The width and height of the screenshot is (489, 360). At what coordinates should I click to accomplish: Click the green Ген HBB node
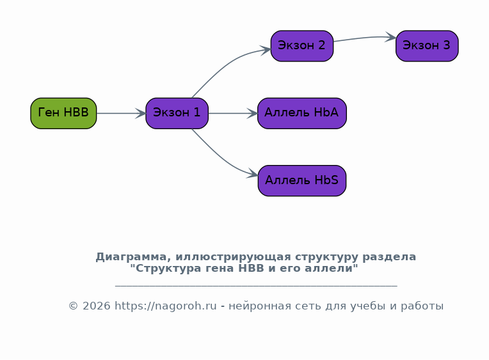[63, 113]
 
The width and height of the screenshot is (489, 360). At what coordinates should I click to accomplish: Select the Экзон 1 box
[177, 113]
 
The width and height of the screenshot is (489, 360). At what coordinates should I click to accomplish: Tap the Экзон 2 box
[302, 46]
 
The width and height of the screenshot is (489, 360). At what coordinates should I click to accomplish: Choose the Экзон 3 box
[427, 46]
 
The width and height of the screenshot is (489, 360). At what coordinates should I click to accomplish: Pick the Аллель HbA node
[302, 113]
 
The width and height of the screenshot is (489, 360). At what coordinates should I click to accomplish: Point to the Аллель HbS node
[302, 181]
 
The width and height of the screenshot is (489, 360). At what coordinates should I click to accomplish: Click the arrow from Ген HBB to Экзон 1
[121, 113]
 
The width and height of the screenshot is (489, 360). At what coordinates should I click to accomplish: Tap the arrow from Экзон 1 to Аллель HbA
[233, 113]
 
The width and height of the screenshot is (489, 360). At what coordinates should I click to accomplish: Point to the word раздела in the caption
[389, 257]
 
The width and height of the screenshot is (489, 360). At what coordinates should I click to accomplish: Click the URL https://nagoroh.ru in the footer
[166, 306]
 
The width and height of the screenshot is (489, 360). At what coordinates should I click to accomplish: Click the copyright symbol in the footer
[73, 306]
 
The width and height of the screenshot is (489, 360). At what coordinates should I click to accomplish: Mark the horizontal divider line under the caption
[256, 285]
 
